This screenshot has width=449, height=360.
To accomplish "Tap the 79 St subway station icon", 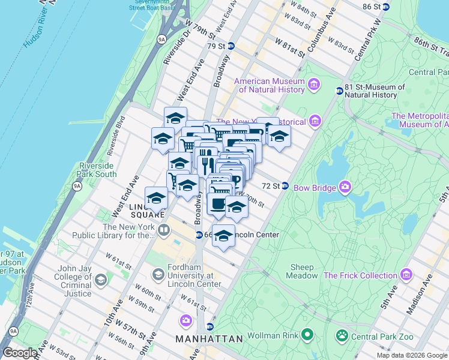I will (x=231, y=46).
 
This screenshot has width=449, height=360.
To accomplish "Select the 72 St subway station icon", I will (x=286, y=186).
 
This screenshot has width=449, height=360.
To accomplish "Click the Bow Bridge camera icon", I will (x=345, y=187).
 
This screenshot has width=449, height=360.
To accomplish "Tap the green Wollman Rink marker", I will (x=307, y=334).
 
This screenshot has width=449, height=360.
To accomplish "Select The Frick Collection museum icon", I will (x=407, y=275).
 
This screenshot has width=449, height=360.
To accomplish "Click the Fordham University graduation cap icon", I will (x=158, y=275).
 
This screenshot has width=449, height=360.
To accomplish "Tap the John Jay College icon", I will (x=101, y=280).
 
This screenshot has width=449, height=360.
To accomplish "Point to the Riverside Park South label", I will (x=97, y=170).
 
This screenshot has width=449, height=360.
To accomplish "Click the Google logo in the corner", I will (x=20, y=353).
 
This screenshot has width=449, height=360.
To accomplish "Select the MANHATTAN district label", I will (x=209, y=339).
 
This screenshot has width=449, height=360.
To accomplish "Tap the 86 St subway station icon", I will (x=386, y=7).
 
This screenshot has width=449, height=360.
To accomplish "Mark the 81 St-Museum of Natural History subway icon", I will (x=339, y=91).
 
